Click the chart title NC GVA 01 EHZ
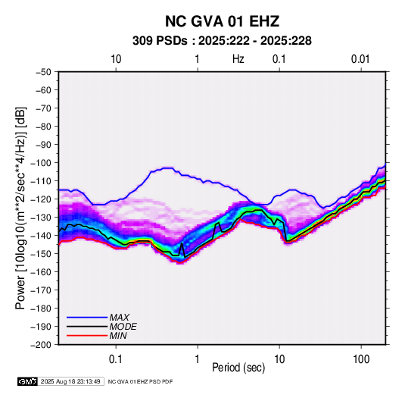[x=222, y=21]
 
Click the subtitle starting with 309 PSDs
[x=222, y=41]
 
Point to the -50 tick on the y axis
[x=43, y=72]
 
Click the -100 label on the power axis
[x=41, y=163]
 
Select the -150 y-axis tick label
[x=41, y=254]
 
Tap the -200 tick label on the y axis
[x=41, y=345]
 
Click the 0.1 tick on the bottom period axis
[x=116, y=359]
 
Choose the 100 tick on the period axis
[x=361, y=359]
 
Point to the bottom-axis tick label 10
[x=279, y=359]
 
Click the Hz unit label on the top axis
[x=238, y=59]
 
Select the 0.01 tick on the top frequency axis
[x=360, y=59]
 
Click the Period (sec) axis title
[x=238, y=368]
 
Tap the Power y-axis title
[x=21, y=208]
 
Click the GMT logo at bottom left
[x=28, y=381]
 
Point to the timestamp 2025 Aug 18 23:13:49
[x=70, y=381]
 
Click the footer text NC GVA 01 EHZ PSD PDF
[x=140, y=381]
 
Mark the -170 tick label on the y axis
[x=41, y=290]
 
